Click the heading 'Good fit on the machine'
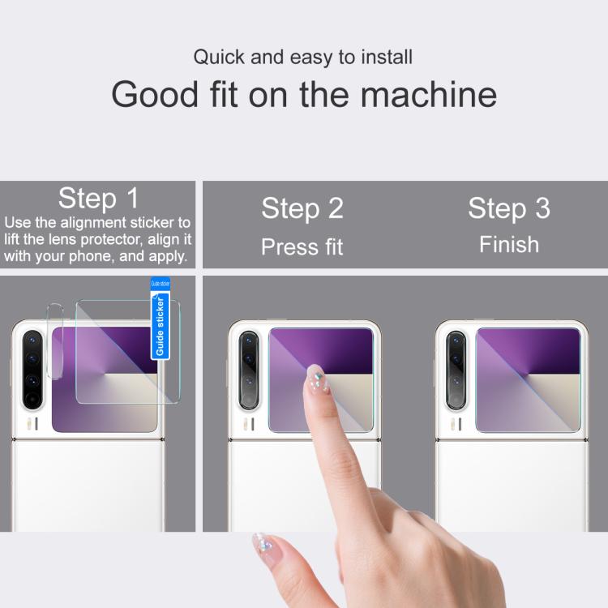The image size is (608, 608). point(304,95)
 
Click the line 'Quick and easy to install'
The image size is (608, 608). point(302,58)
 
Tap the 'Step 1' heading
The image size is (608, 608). point(98,199)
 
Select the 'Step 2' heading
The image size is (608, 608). point(302,209)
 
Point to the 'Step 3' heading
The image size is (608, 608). point(509,209)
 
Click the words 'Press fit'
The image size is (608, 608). point(302,246)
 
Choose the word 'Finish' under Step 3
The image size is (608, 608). point(509,244)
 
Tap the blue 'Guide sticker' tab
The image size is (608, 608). point(161,320)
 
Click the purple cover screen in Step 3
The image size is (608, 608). point(528,379)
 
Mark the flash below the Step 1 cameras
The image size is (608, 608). point(32,424)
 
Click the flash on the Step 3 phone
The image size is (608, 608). point(456,424)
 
